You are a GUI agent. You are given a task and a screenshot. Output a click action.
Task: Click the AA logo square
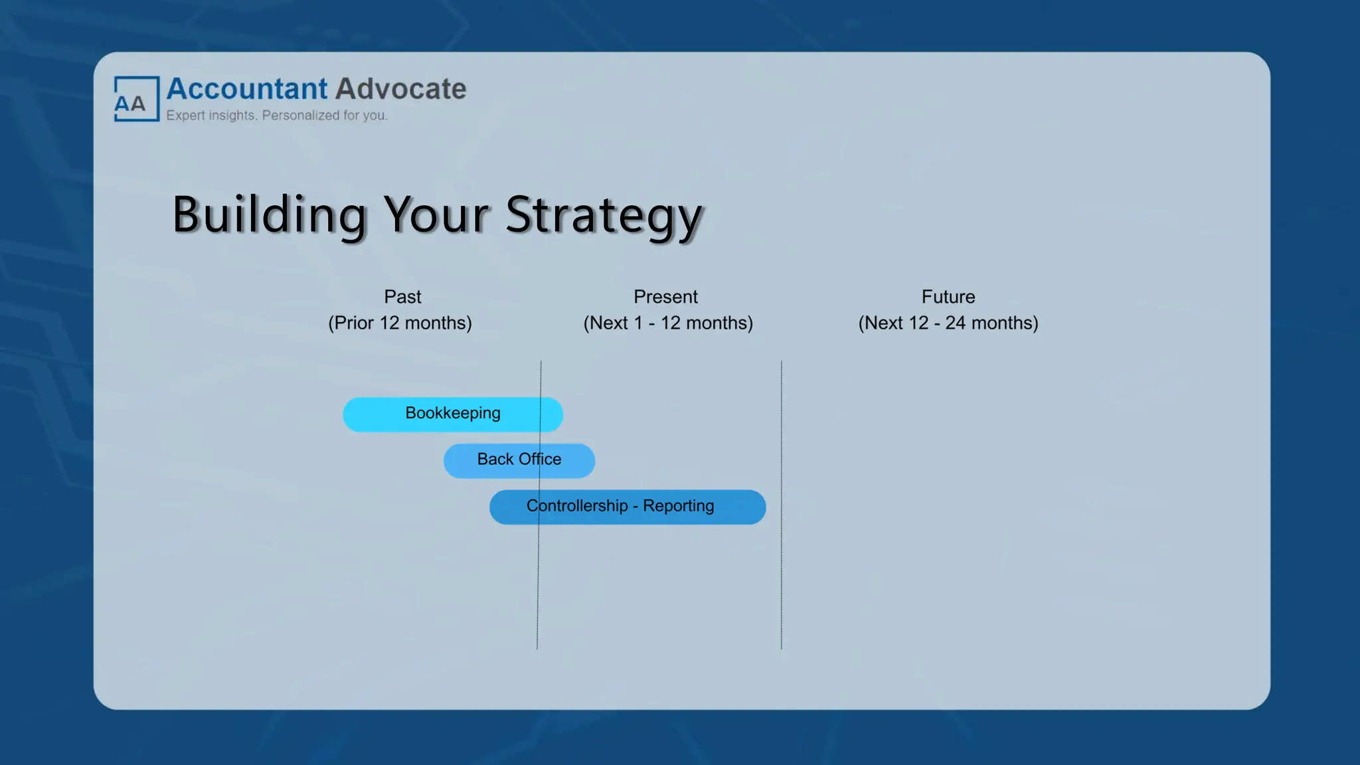[x=136, y=99]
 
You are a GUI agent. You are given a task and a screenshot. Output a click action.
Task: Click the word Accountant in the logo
[x=246, y=89]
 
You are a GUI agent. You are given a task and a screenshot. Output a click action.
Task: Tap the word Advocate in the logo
[x=400, y=89]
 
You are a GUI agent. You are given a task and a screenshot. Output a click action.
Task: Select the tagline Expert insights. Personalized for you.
[x=276, y=116]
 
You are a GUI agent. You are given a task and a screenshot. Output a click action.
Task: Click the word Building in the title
[x=269, y=215]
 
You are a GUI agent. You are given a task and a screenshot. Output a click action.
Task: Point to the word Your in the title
[x=436, y=215]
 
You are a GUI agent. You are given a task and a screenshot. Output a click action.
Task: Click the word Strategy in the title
[x=603, y=215]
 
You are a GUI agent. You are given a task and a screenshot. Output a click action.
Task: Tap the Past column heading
[x=402, y=297]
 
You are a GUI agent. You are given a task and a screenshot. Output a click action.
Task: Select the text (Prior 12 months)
[x=400, y=323]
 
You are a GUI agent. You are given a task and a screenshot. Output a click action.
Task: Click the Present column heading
[x=665, y=297]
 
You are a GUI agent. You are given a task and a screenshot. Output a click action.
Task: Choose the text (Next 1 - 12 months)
[x=668, y=323]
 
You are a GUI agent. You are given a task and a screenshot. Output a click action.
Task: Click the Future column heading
[x=948, y=297]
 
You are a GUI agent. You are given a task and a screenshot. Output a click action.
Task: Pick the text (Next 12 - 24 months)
[x=948, y=323]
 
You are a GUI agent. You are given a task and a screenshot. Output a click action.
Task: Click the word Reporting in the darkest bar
[x=678, y=506]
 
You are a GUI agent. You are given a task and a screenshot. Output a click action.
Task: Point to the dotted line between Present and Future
[x=782, y=584]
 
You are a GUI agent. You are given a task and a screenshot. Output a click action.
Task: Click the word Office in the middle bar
[x=540, y=460]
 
